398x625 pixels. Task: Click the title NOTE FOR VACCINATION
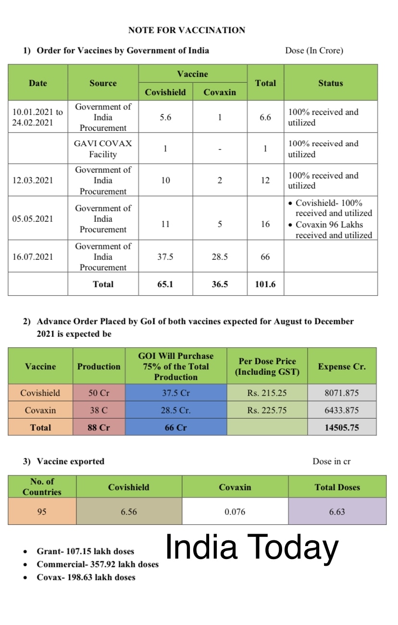click(x=187, y=30)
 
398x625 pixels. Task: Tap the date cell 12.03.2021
click(x=33, y=180)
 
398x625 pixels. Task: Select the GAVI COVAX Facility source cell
click(x=103, y=149)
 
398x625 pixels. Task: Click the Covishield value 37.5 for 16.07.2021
click(x=165, y=257)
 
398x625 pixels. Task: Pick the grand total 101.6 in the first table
click(x=265, y=284)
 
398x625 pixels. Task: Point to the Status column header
click(x=330, y=83)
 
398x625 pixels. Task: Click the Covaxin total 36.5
click(x=220, y=284)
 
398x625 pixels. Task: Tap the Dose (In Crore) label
click(x=314, y=51)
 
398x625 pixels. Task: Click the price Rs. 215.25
click(x=267, y=393)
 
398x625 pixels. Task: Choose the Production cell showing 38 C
click(x=99, y=410)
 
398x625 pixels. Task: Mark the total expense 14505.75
click(x=341, y=427)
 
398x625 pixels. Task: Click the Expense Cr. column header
click(x=341, y=367)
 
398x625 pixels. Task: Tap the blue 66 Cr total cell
click(x=175, y=427)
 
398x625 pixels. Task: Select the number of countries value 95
click(x=42, y=512)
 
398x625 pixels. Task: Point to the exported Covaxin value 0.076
click(x=235, y=512)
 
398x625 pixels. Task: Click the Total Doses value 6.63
click(x=337, y=512)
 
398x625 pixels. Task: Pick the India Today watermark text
click(x=252, y=548)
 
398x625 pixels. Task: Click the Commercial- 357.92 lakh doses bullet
click(x=98, y=564)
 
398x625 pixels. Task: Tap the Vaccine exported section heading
click(x=70, y=461)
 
